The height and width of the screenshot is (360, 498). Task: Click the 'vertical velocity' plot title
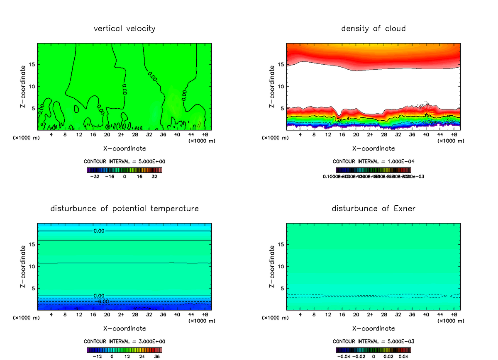pos(124,29)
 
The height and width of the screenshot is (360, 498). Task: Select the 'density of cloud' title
pos(373,29)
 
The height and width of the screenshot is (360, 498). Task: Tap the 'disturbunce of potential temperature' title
pos(124,208)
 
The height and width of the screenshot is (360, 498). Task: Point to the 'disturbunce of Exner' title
pos(373,208)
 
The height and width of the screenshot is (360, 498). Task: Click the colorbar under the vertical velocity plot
pos(124,170)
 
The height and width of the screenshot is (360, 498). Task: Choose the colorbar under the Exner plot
pos(373,350)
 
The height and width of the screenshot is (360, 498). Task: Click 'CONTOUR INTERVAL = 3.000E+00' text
pos(124,341)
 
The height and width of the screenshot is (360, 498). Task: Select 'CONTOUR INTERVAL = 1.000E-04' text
pos(373,161)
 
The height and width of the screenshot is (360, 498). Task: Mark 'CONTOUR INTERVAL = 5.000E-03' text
pos(373,341)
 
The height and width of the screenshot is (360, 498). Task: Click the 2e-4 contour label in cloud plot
pos(342,120)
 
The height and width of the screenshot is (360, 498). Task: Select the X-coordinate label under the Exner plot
pos(373,328)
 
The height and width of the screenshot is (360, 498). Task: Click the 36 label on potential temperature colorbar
pos(157,356)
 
